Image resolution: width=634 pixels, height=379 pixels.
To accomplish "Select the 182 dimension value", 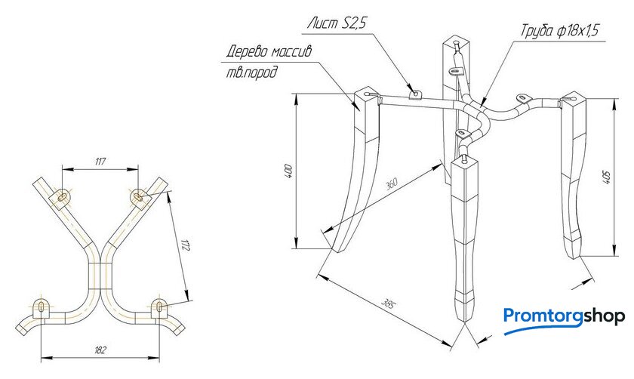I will coord(101,350).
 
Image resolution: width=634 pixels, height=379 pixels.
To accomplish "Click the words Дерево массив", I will coord(269,52).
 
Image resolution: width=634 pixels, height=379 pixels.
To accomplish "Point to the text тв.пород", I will coord(251,73).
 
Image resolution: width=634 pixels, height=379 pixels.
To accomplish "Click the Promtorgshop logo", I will coord(564,316).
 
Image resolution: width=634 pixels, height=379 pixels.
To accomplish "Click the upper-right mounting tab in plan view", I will coord(139,196).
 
